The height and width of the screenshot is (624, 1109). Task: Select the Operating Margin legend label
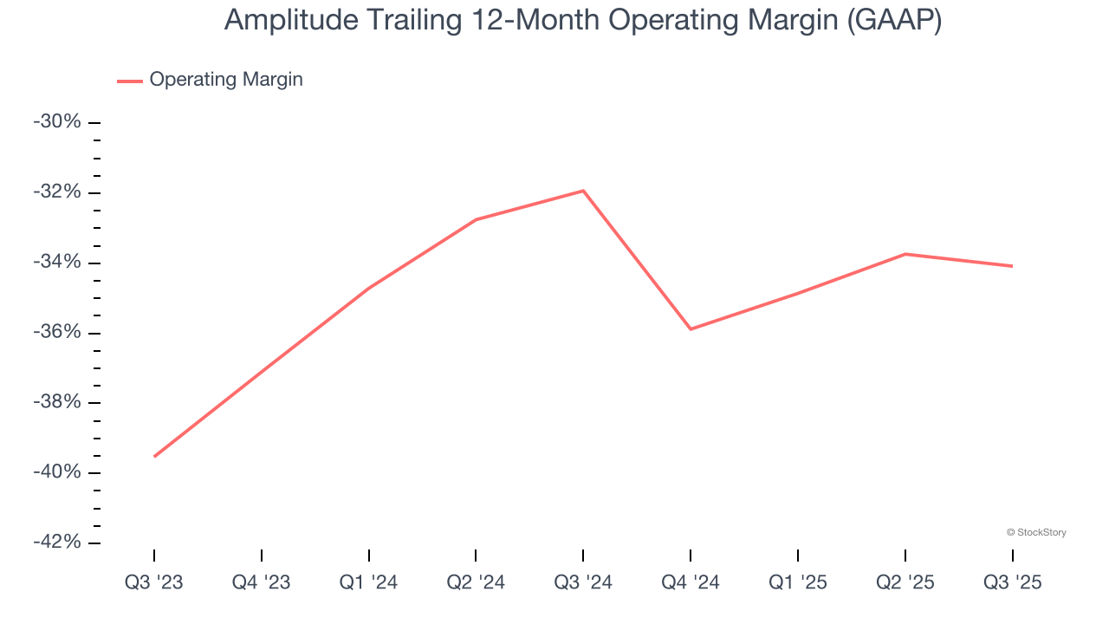[226, 80]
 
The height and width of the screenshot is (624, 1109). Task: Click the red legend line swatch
[130, 81]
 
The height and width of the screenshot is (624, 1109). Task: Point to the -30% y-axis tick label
[57, 122]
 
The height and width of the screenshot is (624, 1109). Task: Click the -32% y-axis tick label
[57, 192]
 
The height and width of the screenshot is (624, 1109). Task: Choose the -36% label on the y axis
[57, 333]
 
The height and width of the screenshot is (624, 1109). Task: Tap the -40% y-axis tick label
[57, 472]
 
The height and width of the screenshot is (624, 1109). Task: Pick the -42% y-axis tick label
[57, 543]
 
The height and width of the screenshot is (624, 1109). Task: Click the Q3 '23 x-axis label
[154, 583]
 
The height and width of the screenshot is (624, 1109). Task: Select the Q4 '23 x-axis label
[262, 583]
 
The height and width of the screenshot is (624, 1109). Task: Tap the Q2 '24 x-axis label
[476, 583]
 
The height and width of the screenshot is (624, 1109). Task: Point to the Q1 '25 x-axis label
[798, 583]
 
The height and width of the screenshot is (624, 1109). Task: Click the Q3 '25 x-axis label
[1012, 583]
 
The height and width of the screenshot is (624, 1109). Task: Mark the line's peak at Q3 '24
[583, 191]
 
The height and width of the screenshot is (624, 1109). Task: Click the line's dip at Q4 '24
[691, 329]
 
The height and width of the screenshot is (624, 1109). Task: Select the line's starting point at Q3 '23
[154, 456]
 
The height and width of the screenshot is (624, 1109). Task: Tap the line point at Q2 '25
[905, 254]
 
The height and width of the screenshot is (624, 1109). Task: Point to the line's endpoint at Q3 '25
[1012, 266]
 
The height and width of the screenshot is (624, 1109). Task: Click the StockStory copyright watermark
[1036, 532]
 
